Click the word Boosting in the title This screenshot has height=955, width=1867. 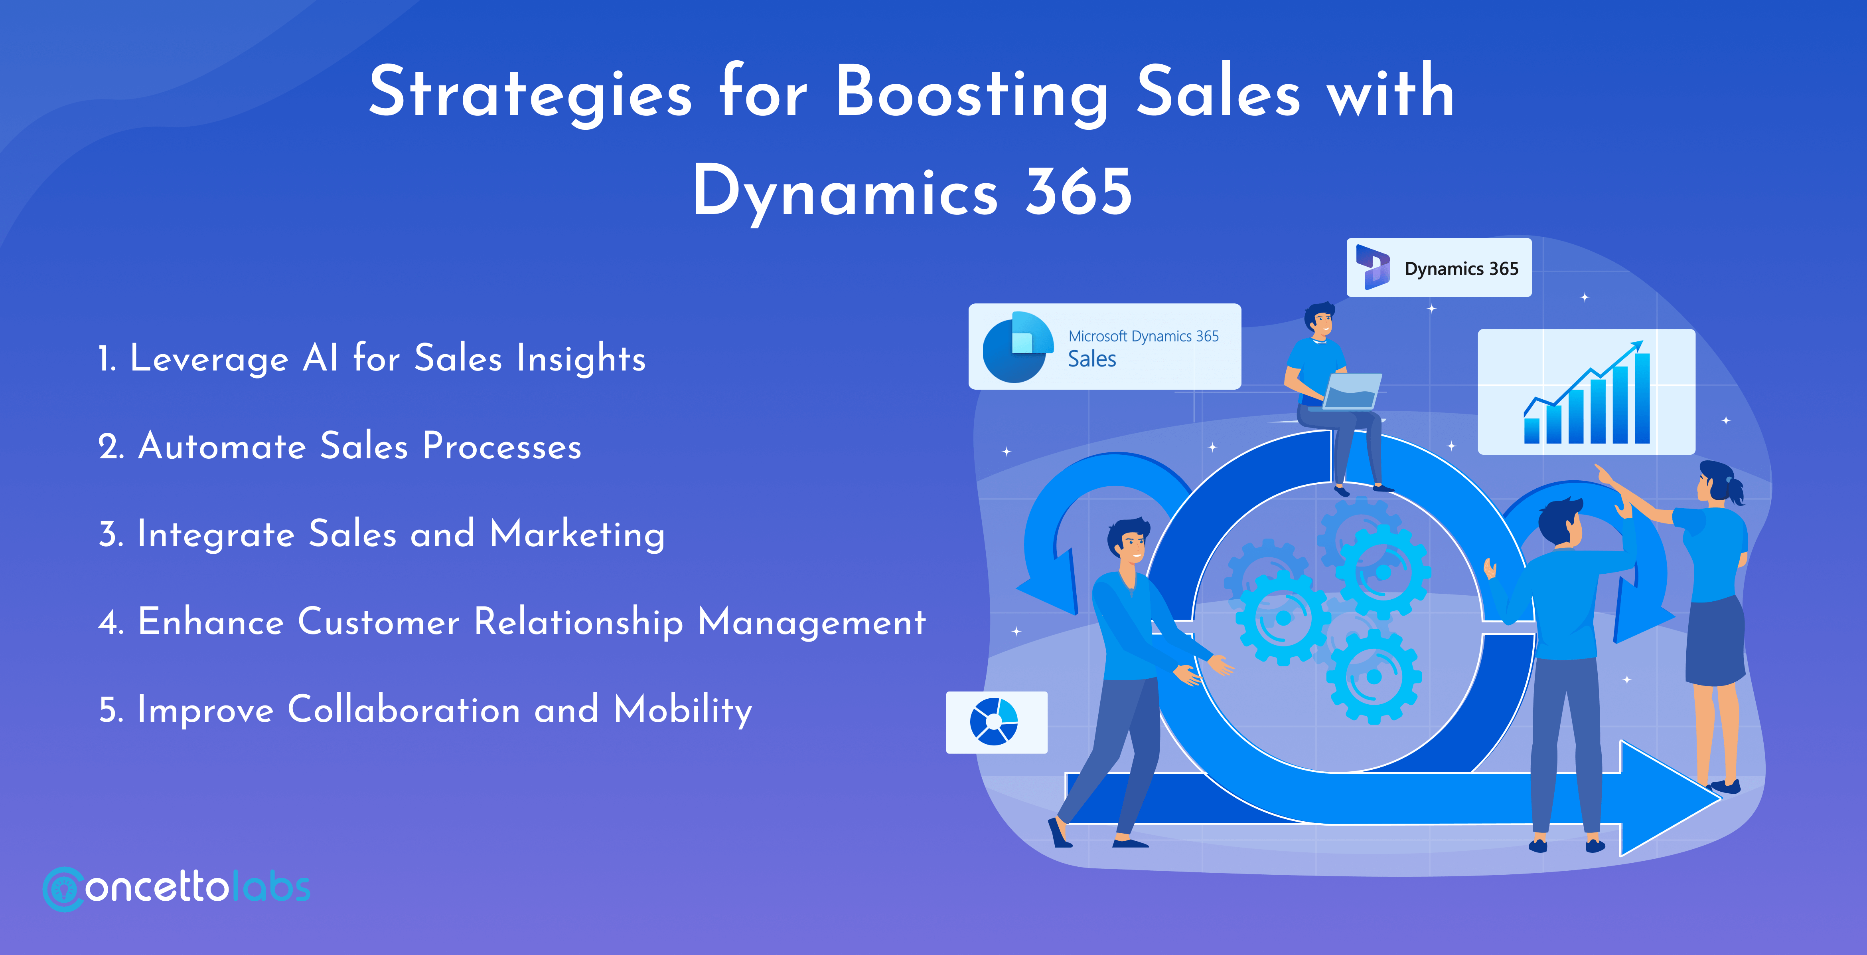click(971, 94)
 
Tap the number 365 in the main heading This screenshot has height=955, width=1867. click(1078, 192)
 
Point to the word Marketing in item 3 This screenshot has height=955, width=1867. click(577, 535)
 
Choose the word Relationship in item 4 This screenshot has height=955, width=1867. click(578, 622)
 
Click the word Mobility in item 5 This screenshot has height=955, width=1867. click(683, 710)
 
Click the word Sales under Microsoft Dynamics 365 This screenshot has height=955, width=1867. click(1091, 359)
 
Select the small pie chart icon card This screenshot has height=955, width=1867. click(996, 722)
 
